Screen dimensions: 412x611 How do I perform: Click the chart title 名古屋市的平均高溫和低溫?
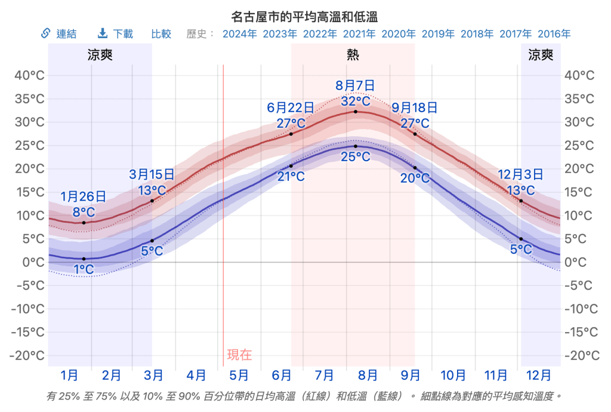click(305, 16)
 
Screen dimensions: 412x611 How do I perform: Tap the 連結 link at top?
click(59, 34)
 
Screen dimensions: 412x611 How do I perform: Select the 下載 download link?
click(116, 34)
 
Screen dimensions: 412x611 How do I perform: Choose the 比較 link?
click(161, 34)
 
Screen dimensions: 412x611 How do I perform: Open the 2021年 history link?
click(360, 34)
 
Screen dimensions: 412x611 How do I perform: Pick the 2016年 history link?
click(554, 34)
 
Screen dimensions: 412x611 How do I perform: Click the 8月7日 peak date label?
click(355, 85)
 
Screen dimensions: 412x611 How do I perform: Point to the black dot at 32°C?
click(356, 112)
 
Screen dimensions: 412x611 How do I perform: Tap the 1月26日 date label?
click(84, 196)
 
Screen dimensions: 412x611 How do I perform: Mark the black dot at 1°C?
click(84, 259)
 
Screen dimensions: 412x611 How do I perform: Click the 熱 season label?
click(353, 56)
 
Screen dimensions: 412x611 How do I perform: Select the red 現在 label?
click(239, 355)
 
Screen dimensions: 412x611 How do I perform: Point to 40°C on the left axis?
click(30, 75)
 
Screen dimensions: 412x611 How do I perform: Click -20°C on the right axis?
click(582, 356)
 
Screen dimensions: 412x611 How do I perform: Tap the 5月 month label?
click(239, 376)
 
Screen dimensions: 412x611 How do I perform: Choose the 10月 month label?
click(453, 376)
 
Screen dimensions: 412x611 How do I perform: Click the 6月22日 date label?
click(291, 108)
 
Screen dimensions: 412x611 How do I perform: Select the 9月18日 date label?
click(415, 108)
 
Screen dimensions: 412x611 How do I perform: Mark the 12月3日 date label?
click(520, 174)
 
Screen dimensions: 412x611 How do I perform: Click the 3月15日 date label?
click(152, 174)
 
